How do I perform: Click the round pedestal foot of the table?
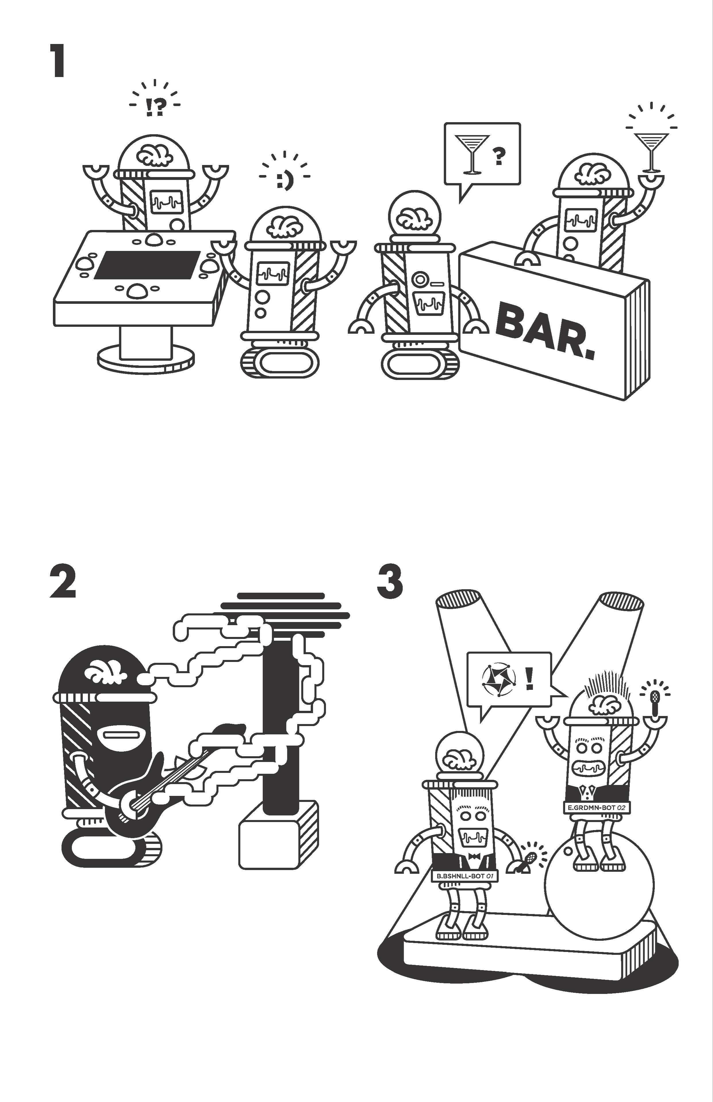click(146, 360)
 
